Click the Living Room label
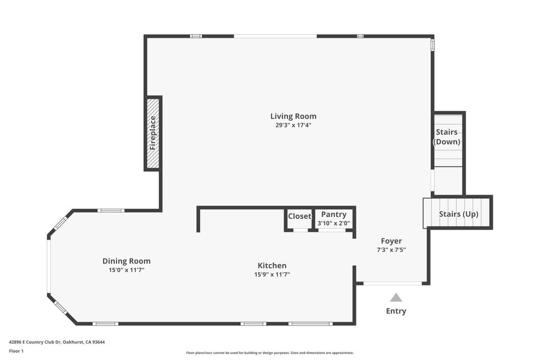click(293, 116)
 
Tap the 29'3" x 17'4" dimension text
click(293, 125)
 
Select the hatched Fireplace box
click(153, 133)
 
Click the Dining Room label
click(127, 261)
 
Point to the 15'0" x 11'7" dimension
click(127, 270)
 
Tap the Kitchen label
click(272, 266)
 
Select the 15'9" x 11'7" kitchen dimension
click(272, 274)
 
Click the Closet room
click(300, 217)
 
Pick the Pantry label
click(334, 215)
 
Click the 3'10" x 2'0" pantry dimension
click(334, 223)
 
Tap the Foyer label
click(391, 241)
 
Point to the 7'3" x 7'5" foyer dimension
click(391, 250)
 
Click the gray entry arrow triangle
click(396, 298)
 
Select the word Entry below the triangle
click(396, 311)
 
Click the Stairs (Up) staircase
click(458, 213)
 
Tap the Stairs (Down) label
click(447, 137)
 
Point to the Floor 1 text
click(16, 351)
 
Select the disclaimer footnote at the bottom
click(269, 353)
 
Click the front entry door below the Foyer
click(392, 284)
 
